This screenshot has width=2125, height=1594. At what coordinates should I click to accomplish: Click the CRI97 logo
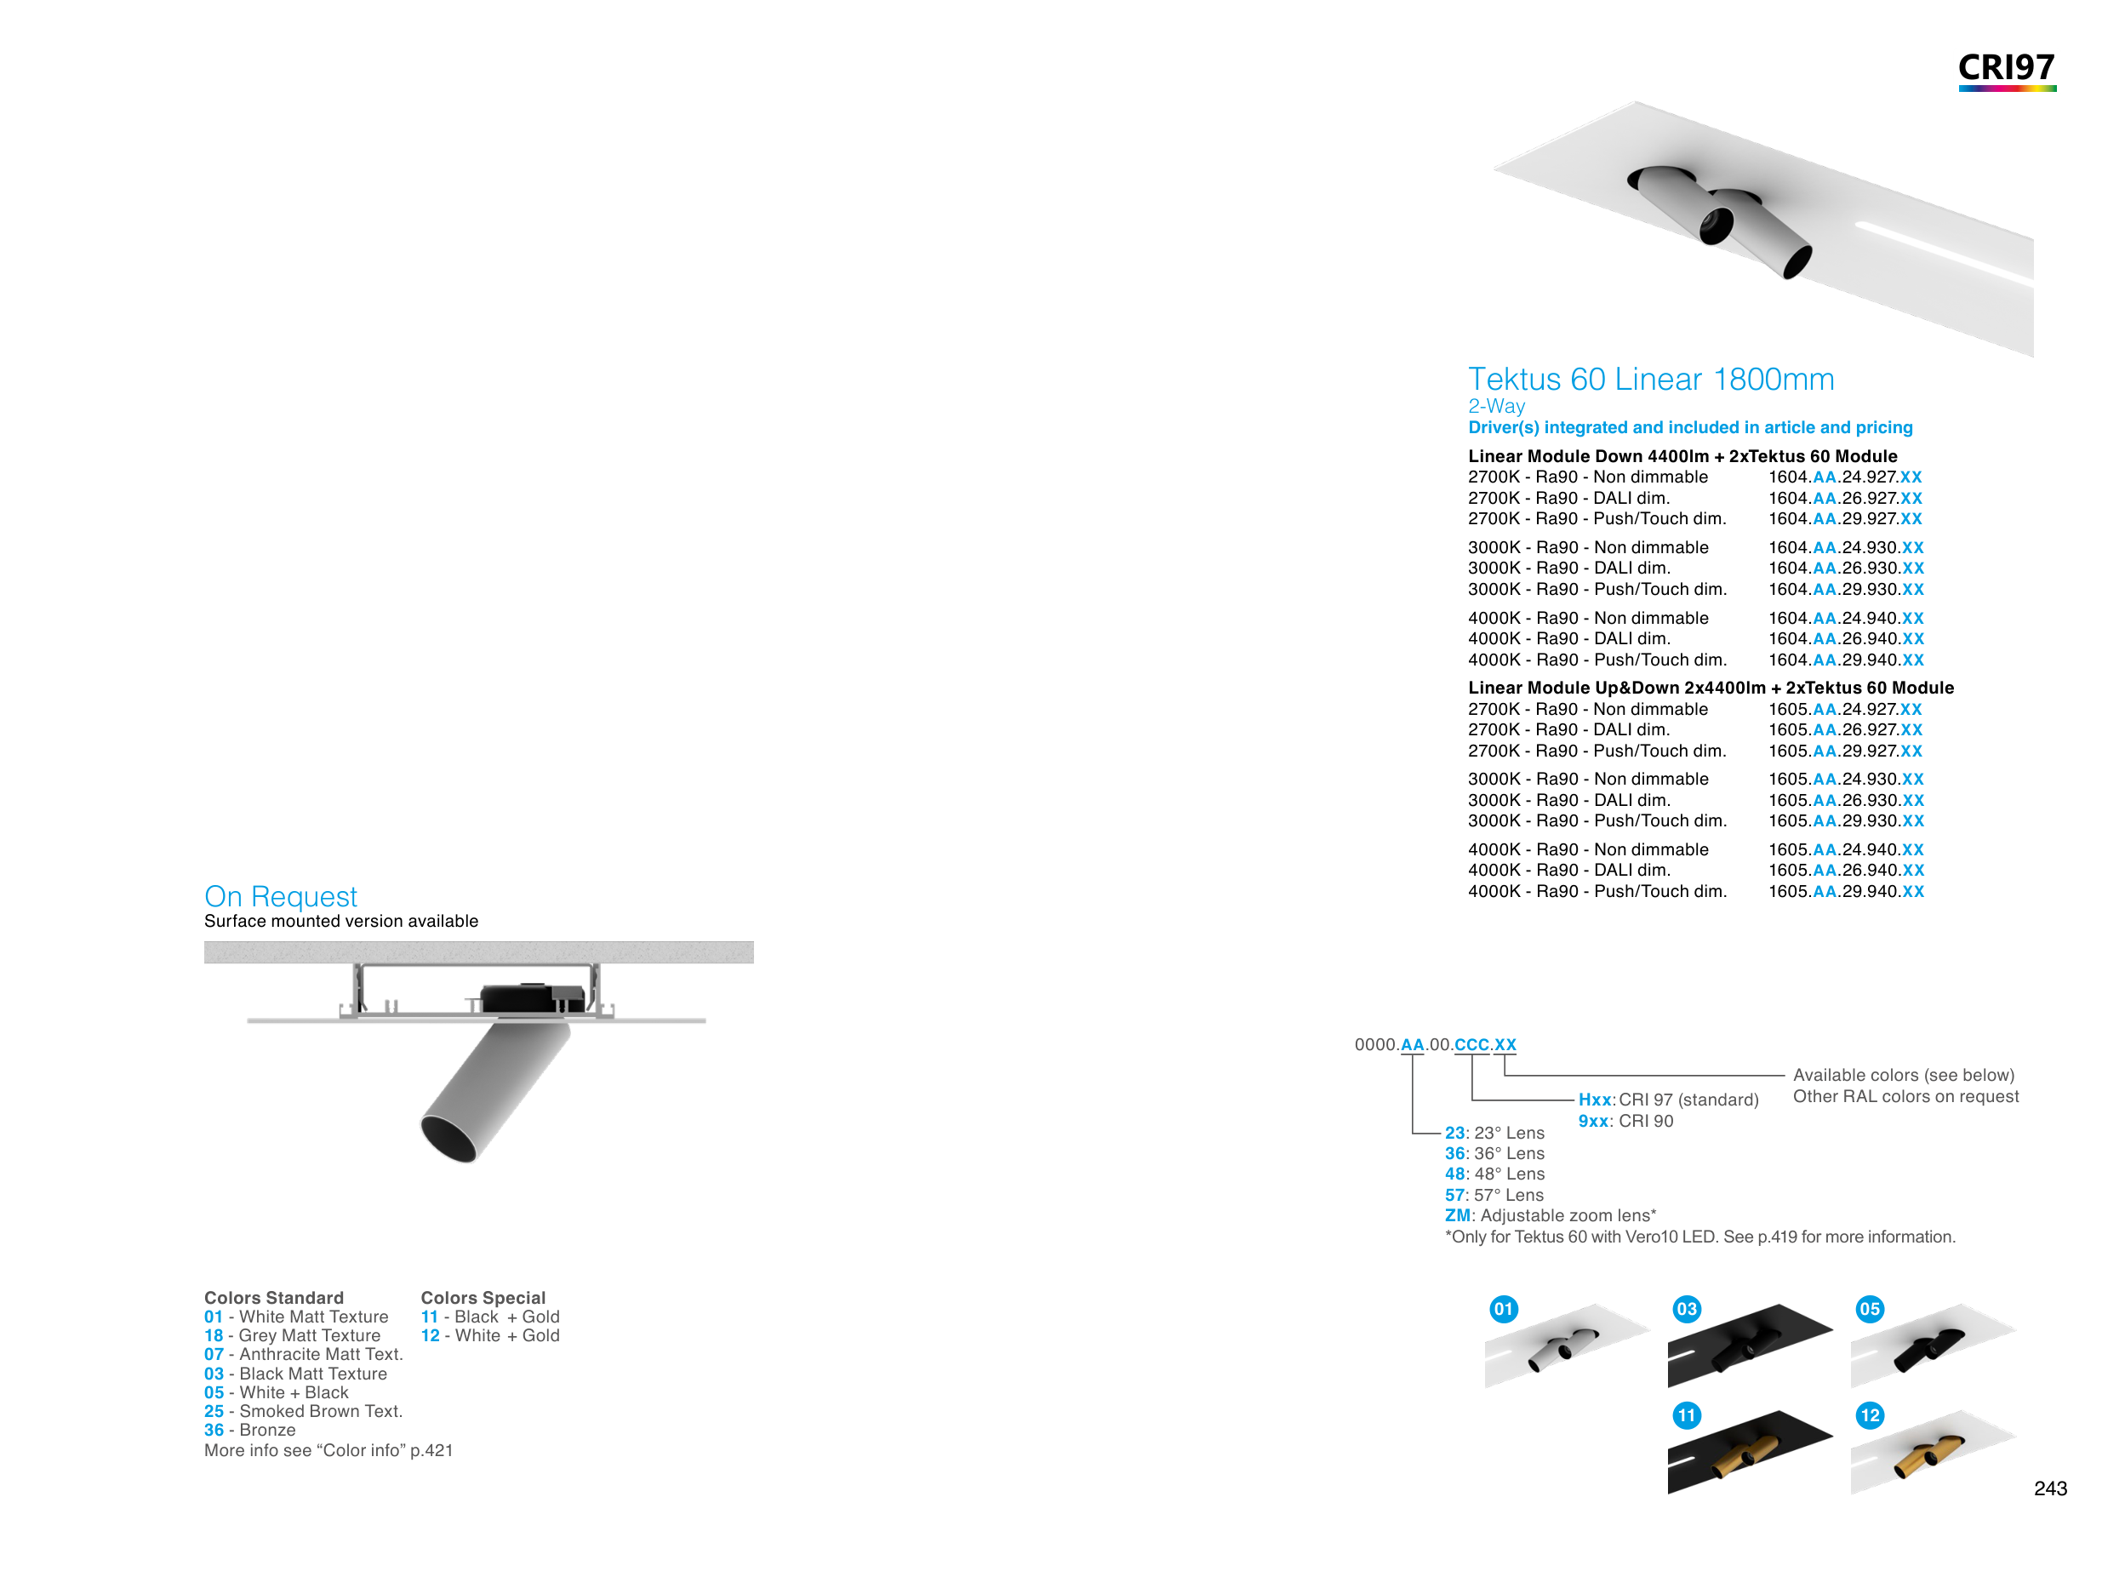point(2006,69)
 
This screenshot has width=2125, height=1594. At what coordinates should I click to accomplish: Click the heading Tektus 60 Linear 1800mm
point(1650,380)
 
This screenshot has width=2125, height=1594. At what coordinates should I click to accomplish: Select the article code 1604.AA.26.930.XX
point(1846,568)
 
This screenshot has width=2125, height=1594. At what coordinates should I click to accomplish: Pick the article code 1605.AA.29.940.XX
point(1846,892)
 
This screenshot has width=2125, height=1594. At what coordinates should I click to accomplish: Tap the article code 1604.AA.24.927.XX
point(1844,477)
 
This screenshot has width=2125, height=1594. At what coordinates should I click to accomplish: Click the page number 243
point(2050,1488)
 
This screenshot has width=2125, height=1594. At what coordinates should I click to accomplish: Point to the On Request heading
point(281,896)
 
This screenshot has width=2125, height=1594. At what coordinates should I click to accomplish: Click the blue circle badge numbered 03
point(1686,1309)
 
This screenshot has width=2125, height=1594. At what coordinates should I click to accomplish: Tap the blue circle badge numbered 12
point(1870,1415)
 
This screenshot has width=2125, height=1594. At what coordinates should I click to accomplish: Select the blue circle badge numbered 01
point(1504,1309)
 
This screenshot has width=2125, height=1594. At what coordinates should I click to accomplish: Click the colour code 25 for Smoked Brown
point(214,1411)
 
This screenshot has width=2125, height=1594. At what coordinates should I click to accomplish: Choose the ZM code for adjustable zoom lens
point(1456,1215)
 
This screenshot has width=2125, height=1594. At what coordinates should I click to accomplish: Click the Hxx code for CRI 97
point(1595,1100)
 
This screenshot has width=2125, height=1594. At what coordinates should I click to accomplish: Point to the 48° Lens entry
point(1494,1174)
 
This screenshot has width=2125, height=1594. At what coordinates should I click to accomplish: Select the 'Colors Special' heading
point(483,1298)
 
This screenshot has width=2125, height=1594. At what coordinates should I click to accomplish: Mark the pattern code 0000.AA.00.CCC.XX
point(1434,1044)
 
